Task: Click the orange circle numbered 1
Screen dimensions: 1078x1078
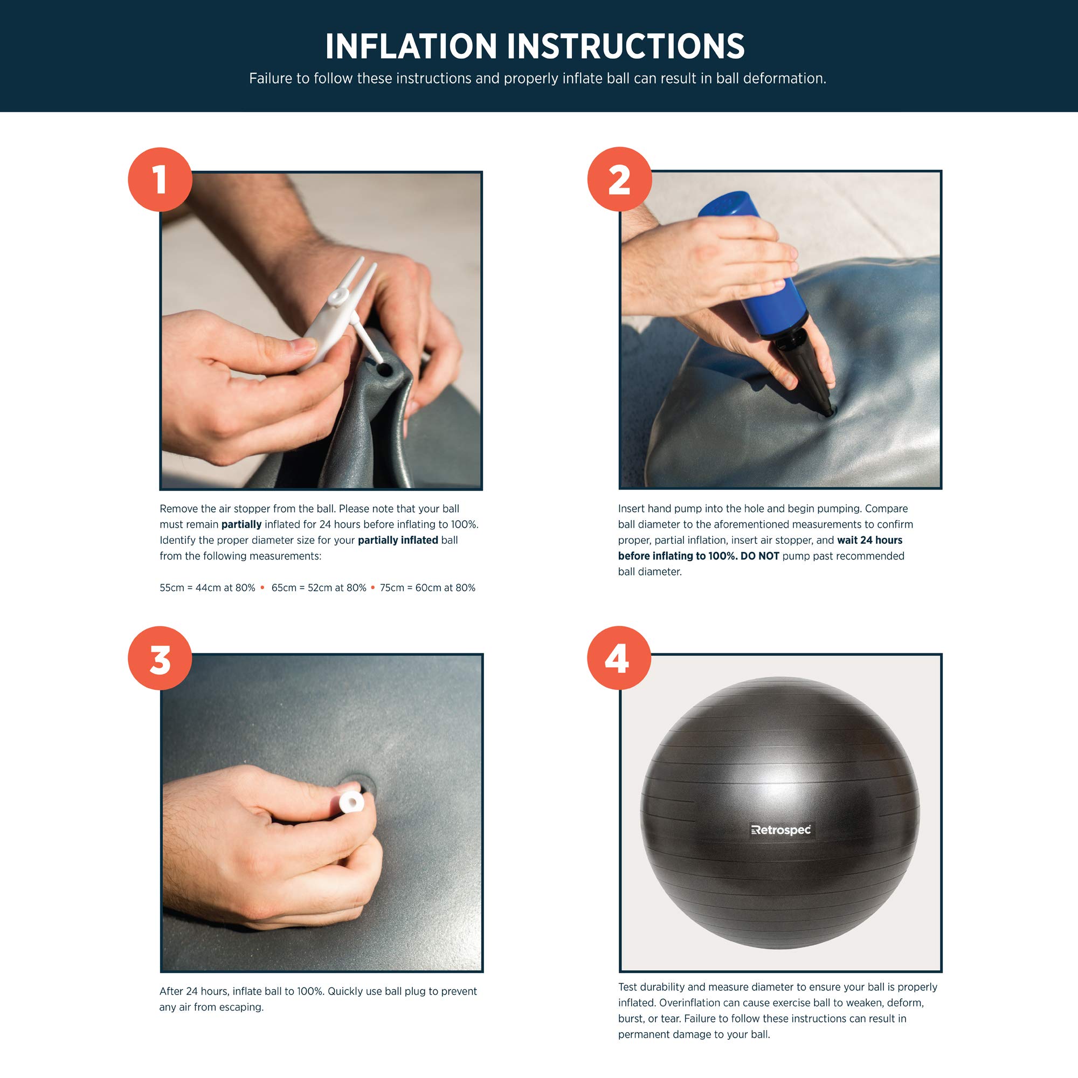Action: [x=160, y=179]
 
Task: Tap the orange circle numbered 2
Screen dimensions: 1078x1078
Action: [x=619, y=179]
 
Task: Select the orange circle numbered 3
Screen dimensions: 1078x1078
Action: [x=160, y=659]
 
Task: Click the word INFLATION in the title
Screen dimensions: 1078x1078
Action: [x=411, y=46]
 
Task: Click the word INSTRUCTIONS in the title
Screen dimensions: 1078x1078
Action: [x=626, y=46]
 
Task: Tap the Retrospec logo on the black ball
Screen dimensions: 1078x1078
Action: [x=781, y=830]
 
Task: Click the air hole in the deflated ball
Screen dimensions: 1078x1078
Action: [x=384, y=369]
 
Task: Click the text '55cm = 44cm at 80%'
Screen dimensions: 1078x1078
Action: [x=207, y=588]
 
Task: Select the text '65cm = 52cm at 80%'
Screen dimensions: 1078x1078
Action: [x=319, y=588]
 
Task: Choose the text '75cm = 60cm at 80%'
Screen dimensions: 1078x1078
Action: [x=427, y=588]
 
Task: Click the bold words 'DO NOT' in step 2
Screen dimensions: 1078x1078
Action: [x=760, y=556]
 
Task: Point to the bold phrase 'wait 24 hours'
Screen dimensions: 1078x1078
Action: [x=869, y=540]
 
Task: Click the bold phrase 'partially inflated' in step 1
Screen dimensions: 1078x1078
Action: [x=398, y=541]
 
